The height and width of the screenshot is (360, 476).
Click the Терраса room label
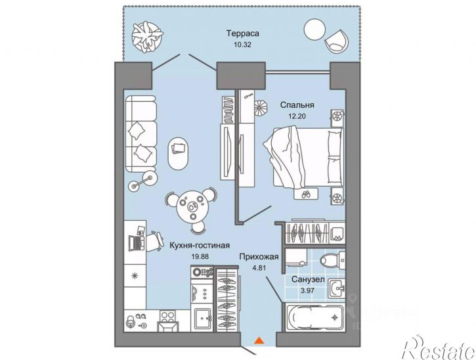242,33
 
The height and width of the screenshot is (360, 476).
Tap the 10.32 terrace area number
242,45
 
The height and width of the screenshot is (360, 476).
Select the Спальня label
297,105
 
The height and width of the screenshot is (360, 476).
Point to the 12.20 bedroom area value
297,116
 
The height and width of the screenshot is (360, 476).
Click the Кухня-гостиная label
200,245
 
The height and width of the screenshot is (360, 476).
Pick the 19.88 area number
200,256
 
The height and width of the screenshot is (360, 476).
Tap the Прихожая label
259,257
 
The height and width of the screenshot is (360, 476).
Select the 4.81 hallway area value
259,268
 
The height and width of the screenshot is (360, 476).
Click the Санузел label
308,279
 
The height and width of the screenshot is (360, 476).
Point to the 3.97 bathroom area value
307,290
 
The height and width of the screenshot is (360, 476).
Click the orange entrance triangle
259,340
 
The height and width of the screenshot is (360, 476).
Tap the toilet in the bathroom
332,260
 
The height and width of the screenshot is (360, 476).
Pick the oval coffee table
178,154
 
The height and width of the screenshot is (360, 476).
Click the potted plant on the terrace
148,37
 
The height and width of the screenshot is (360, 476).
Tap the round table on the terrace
314,29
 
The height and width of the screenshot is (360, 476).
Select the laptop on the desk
136,242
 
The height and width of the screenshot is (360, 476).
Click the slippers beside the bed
305,194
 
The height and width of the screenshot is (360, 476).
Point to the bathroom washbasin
336,289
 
